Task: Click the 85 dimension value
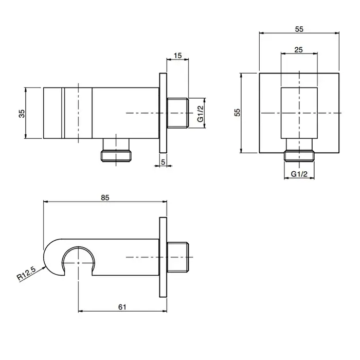[105, 197]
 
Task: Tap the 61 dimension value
[122, 307]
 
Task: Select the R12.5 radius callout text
[27, 273]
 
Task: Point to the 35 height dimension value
[22, 114]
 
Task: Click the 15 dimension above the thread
[178, 56]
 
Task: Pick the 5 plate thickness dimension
[163, 162]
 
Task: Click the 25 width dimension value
[298, 49]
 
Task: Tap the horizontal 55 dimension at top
[299, 29]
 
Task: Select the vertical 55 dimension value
[238, 112]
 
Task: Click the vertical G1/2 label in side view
[201, 114]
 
